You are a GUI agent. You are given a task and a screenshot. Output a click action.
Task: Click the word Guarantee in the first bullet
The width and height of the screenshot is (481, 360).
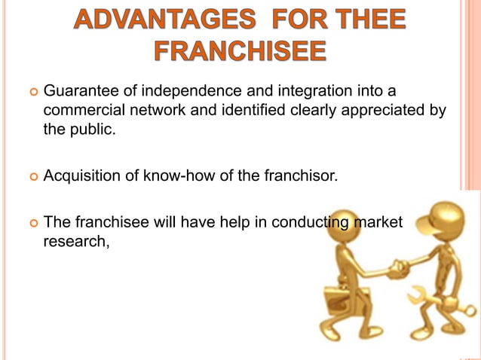[x=78, y=93]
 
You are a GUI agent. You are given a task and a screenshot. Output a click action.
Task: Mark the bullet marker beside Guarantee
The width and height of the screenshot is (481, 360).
[x=32, y=93]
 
